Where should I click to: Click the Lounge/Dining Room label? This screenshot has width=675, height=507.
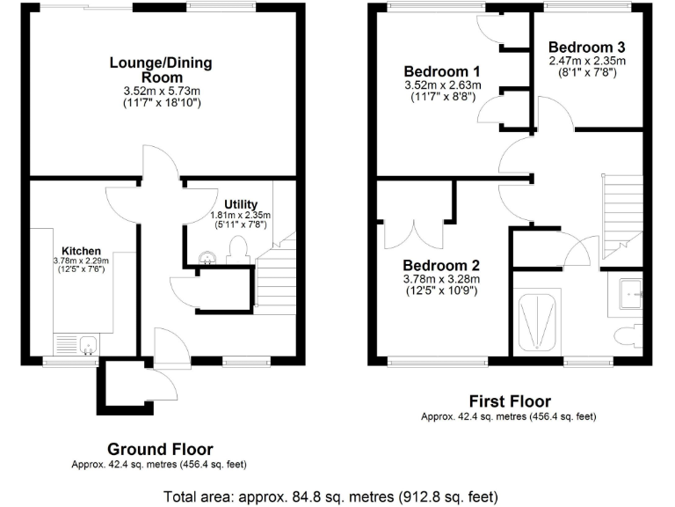[x=160, y=70]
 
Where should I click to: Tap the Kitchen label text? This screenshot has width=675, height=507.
[x=81, y=250]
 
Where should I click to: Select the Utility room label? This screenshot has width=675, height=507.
[x=240, y=204]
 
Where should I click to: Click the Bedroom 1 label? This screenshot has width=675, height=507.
[x=441, y=71]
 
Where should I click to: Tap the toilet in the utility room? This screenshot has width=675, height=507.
[x=235, y=254]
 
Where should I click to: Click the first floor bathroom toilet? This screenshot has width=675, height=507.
[x=626, y=334]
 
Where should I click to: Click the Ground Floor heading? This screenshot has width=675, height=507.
[x=160, y=450]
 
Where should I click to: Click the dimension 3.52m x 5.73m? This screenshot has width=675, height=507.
[x=161, y=91]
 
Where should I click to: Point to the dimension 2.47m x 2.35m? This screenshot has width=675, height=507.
[x=587, y=61]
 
